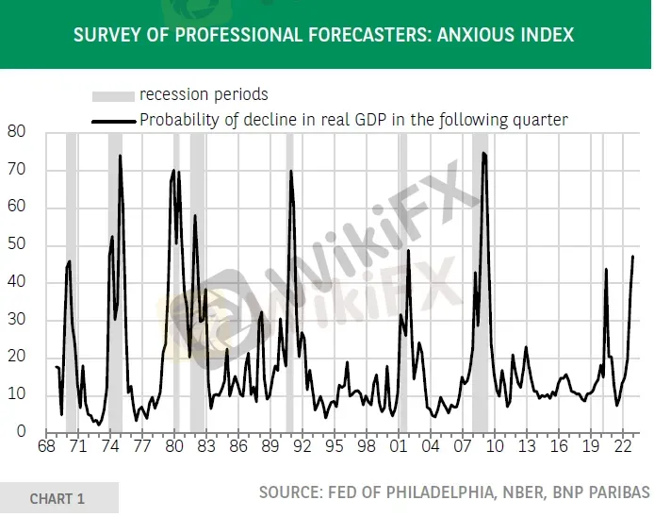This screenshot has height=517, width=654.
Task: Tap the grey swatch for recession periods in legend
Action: coord(112,95)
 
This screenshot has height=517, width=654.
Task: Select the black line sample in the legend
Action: coord(112,120)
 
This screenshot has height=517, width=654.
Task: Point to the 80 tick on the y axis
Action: coord(15,132)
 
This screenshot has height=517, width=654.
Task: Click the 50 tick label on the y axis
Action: coord(15,245)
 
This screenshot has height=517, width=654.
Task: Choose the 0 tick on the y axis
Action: coord(20,432)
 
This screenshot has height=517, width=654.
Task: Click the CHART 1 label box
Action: coord(58,498)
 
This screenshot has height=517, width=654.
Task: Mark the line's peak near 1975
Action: coord(120,156)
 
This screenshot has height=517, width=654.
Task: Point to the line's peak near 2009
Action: coord(483,153)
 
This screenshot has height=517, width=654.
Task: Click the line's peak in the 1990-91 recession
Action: coord(291,171)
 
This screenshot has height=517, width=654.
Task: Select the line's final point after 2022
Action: coord(633,256)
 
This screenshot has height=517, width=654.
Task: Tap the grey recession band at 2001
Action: coord(402,283)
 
